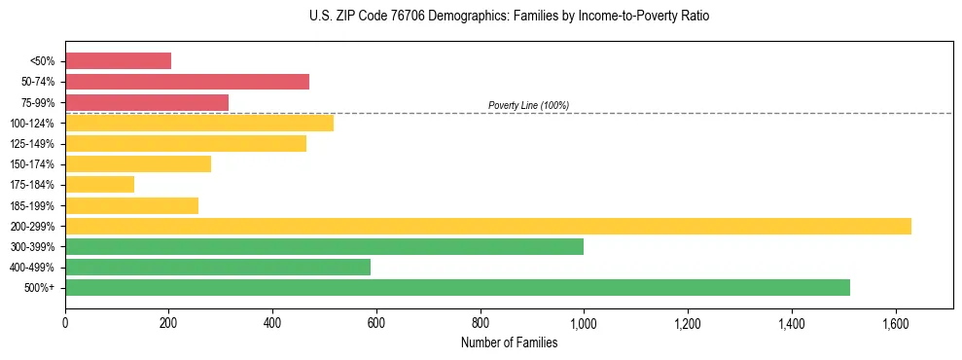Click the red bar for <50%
pos(118,61)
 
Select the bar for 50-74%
pos(187,82)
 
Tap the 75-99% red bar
pos(147,102)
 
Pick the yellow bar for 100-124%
pos(199,123)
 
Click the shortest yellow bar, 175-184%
pos(99,185)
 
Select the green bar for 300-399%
pos(324,246)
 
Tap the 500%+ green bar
pos(457,287)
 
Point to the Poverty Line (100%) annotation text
pos(528,105)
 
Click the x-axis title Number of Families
pos(509,343)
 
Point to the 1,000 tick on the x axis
pos(584,322)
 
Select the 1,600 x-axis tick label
pos(895,322)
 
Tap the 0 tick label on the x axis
pos(65,322)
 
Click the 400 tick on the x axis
pos(272,322)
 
